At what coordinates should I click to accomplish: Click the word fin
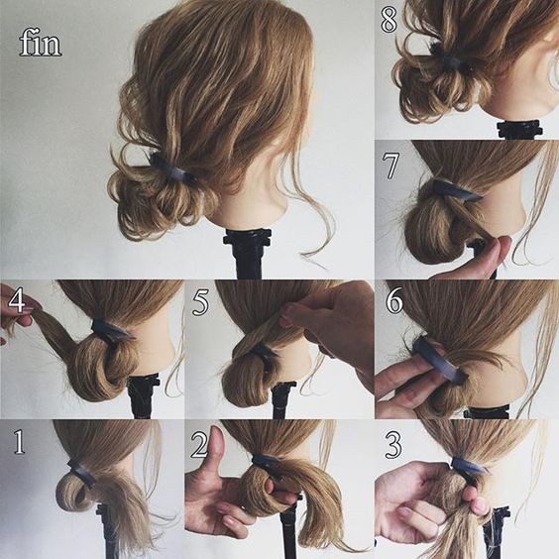41,43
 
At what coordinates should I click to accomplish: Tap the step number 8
389,21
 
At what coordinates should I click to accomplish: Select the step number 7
391,166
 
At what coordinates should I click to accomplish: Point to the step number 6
393,301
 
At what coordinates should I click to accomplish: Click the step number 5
200,303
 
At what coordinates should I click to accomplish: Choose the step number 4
17,300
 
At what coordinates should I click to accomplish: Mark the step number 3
393,445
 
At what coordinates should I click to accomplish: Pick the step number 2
199,445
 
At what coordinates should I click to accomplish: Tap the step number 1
19,442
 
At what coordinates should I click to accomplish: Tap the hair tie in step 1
81,474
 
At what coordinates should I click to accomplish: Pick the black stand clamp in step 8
519,129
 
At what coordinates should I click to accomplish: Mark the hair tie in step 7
456,191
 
